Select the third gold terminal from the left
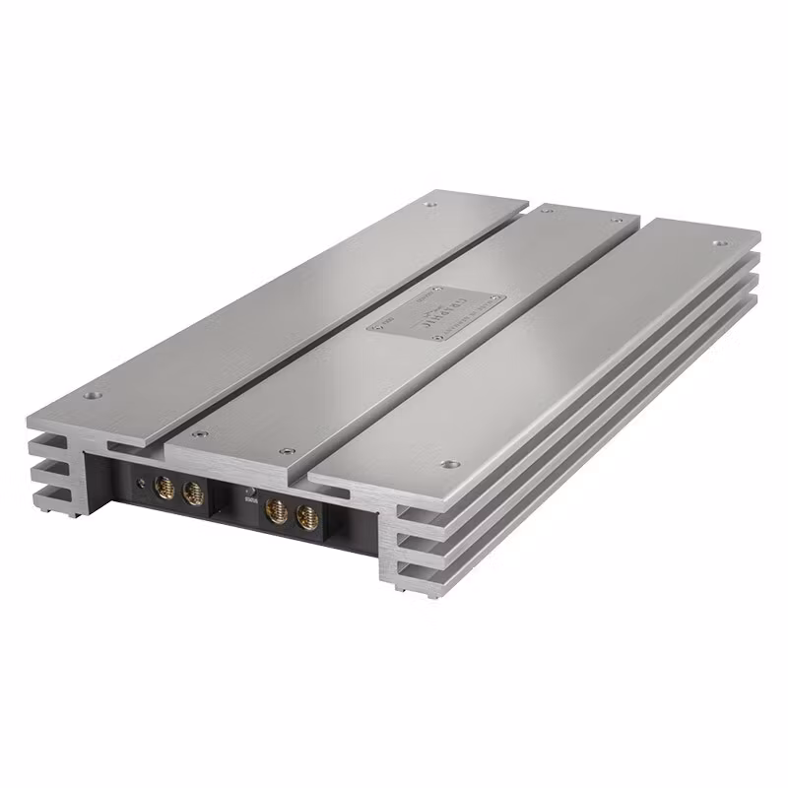[279, 509]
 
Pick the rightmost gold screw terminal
[308, 515]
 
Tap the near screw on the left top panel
[94, 396]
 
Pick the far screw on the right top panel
[718, 242]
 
